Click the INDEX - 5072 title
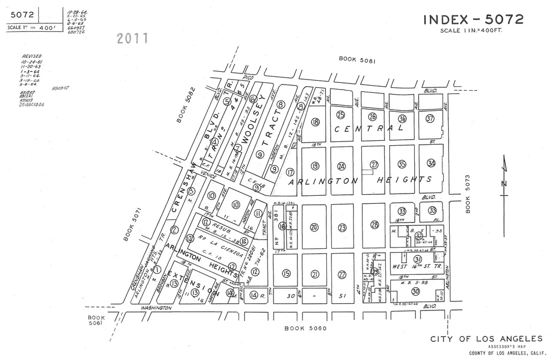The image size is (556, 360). pos(473,20)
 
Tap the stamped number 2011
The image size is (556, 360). pos(132,38)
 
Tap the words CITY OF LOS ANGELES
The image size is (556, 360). pos(486,338)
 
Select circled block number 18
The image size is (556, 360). pos(315,122)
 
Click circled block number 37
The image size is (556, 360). pos(430,119)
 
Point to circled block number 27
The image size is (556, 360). pos(374,165)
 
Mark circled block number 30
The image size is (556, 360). pos(415,291)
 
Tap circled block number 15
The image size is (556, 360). pos(286,273)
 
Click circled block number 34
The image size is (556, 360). pos(431,162)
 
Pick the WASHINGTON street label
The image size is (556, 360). pos(155,307)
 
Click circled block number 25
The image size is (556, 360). pos(341,115)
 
